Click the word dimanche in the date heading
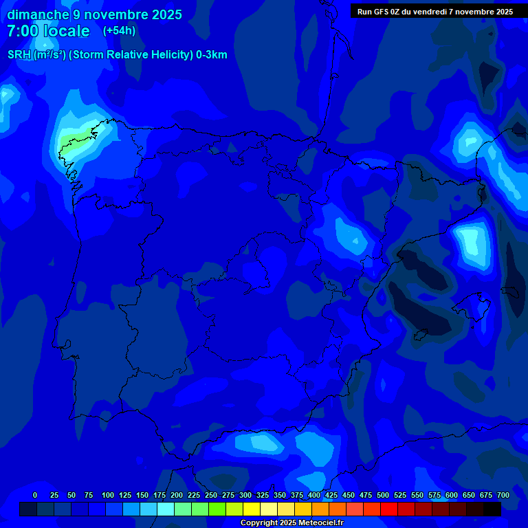[37, 14]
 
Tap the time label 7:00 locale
[48, 31]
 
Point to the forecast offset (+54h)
[119, 31]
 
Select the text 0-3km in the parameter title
[211, 55]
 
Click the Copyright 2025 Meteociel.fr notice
[291, 523]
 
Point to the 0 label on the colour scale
[35, 495]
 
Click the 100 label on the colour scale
[108, 495]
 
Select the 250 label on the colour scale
[211, 495]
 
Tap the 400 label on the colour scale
[314, 495]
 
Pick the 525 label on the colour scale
[400, 495]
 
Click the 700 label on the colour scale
[503, 495]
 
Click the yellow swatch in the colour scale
[252, 509]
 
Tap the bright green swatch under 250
[217, 509]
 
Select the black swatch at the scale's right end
[492, 509]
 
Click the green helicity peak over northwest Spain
[73, 140]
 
